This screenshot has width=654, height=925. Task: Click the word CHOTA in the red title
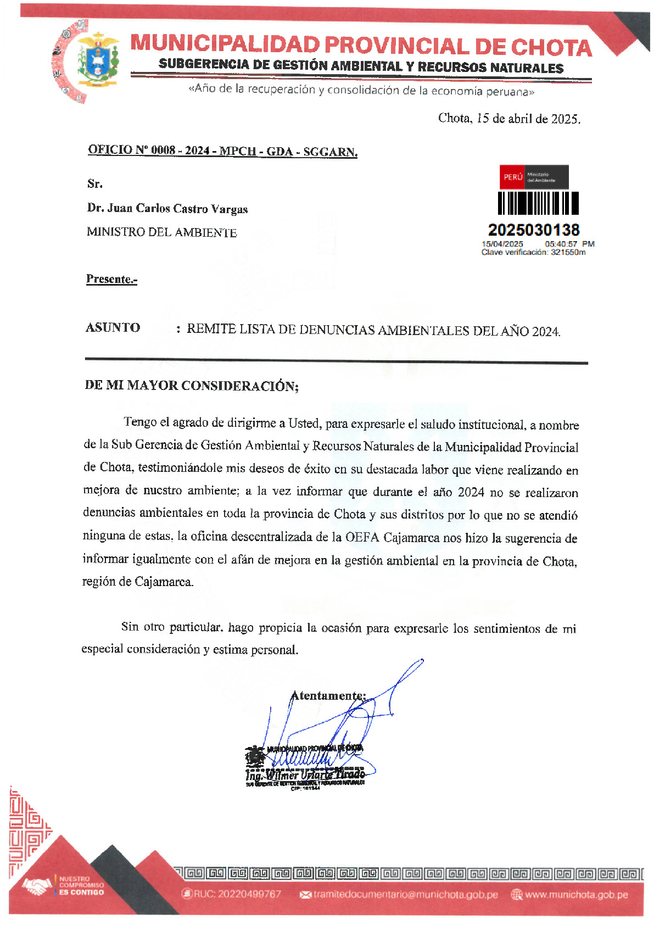551,48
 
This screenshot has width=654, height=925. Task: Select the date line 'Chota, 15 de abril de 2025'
509,119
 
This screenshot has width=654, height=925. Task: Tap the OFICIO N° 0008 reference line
222,151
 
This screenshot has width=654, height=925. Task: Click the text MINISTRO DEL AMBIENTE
161,232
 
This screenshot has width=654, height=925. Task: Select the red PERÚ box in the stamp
512,177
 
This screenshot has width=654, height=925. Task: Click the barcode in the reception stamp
538,203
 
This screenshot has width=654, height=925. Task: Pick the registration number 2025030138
533,230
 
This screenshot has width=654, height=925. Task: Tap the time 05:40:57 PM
569,244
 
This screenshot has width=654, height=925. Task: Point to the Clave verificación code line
533,252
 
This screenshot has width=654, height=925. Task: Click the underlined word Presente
111,279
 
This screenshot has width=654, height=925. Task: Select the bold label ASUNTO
113,327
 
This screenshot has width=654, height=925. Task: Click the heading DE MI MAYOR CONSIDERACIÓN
191,386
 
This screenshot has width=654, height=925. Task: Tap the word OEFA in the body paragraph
362,537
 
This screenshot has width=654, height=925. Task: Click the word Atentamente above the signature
327,696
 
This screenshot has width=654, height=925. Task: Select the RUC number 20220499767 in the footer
237,894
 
